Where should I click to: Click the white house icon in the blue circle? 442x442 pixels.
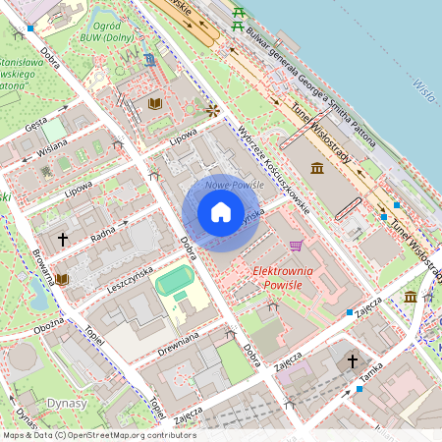[x=221, y=212]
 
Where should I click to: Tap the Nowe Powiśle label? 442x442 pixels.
[x=230, y=186]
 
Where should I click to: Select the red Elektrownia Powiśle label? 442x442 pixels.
[x=283, y=277]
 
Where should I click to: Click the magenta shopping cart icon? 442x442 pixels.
[x=296, y=246]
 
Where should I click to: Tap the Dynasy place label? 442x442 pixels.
[x=66, y=403]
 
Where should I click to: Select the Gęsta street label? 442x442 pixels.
[x=37, y=125]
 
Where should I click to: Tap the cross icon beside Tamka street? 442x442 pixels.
[x=353, y=361]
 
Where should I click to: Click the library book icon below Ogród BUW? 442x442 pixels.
[x=154, y=103]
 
